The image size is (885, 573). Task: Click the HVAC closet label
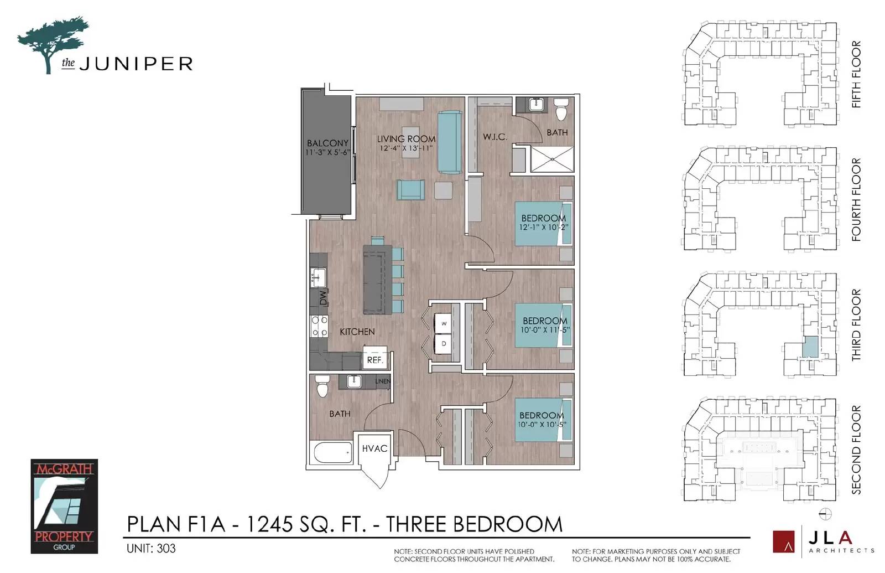coord(374,448)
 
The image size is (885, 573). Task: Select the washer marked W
coord(443,323)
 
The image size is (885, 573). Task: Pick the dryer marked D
coord(443,344)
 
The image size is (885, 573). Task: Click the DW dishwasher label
coord(324,298)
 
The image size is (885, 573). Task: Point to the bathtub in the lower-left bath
coord(333,452)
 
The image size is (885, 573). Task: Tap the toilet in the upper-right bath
coord(561,109)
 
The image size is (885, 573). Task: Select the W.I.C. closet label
coord(494,137)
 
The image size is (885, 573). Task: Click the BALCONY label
coord(327,143)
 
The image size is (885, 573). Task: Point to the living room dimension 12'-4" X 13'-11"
coord(406,148)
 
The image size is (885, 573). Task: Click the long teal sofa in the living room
coord(450,142)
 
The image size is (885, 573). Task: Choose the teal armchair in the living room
coord(411,190)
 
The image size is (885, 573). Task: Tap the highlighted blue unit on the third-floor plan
coord(811,347)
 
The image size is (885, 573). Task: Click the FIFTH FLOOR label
coord(856,74)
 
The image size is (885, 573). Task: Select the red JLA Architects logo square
coord(783,541)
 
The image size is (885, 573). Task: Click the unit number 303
coord(166,549)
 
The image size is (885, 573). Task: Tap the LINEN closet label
coord(383,381)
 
